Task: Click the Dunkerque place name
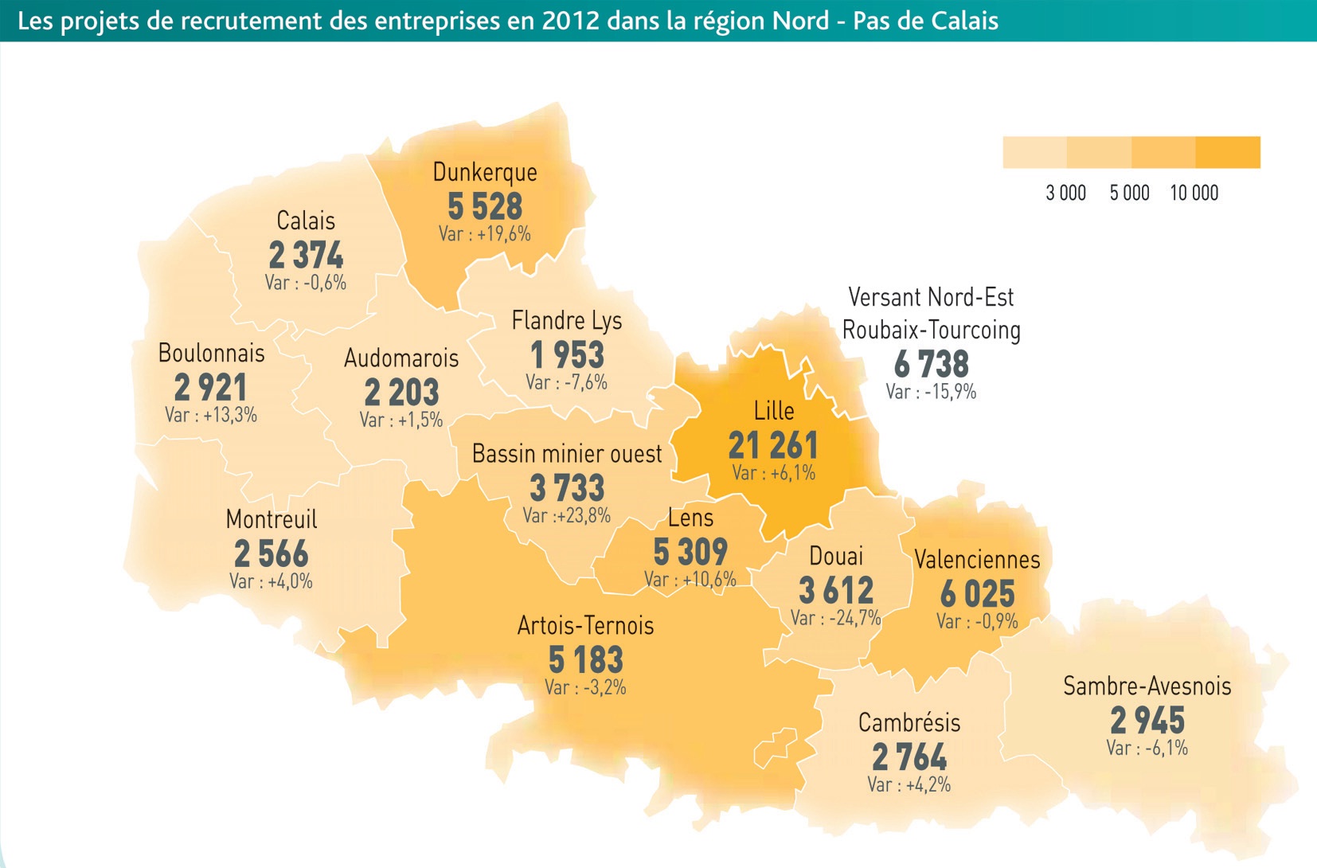click(x=484, y=173)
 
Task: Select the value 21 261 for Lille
click(x=772, y=445)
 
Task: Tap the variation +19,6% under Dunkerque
click(x=484, y=234)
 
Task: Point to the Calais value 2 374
click(x=306, y=256)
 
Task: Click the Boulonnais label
click(x=211, y=353)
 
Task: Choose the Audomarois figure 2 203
click(x=401, y=393)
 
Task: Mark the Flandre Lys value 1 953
click(x=567, y=355)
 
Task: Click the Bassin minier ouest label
click(x=566, y=454)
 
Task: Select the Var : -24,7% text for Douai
click(x=835, y=618)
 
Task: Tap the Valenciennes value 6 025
click(x=977, y=594)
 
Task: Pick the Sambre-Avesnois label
click(x=1147, y=686)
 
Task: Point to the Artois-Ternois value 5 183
click(x=585, y=660)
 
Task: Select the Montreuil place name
click(x=271, y=520)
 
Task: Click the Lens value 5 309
click(x=690, y=552)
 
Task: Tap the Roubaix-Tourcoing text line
click(x=931, y=330)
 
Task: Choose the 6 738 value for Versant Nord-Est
click(x=931, y=365)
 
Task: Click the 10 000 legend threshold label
click(x=1194, y=194)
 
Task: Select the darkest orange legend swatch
click(x=1228, y=152)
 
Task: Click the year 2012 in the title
click(x=570, y=21)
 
